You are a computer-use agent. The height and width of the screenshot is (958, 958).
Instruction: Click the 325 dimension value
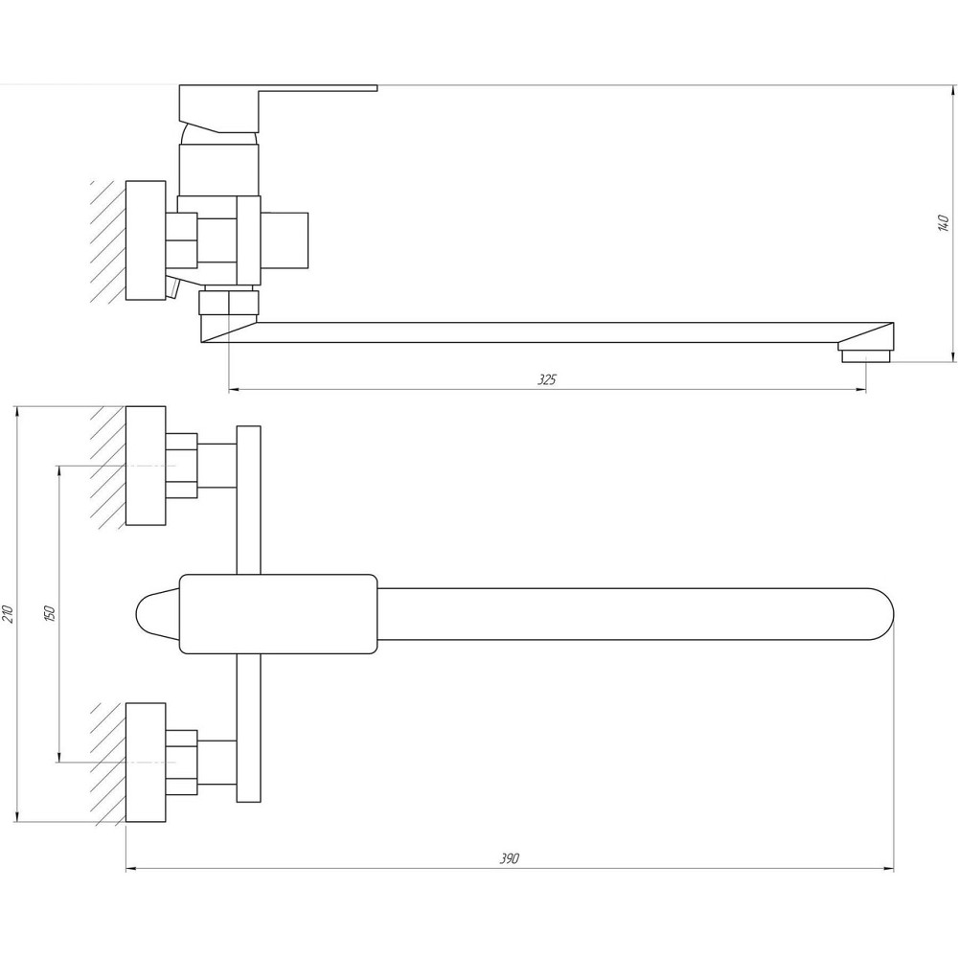coord(546,379)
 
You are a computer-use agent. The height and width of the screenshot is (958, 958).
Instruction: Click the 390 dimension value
coord(509,858)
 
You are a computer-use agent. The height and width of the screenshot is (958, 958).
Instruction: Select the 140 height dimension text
coord(943,223)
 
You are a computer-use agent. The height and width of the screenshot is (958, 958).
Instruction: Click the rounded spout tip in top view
coord(877,613)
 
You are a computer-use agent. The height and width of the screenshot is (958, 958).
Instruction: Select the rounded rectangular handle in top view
coord(278,613)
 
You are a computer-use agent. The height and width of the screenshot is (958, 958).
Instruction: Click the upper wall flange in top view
coord(147,466)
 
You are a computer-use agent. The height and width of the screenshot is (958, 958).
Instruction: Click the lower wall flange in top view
coord(147,763)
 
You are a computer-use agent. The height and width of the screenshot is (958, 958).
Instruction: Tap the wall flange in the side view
coord(147,239)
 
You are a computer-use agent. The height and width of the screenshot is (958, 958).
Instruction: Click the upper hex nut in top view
coord(181,466)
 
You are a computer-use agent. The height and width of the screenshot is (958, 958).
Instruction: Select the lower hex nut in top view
coord(181,763)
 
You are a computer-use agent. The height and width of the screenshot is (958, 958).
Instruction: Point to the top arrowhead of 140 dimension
coord(954,91)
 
